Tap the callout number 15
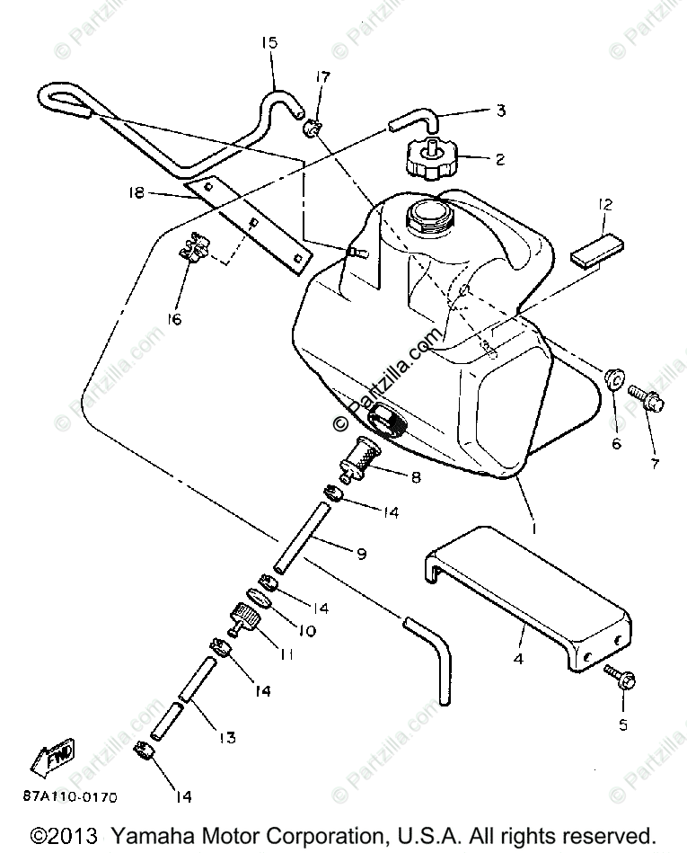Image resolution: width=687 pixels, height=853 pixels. click(270, 42)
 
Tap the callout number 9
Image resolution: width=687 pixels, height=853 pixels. click(360, 554)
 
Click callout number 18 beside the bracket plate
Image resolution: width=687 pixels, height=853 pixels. click(137, 192)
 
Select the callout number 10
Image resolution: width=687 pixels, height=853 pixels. click(306, 631)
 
